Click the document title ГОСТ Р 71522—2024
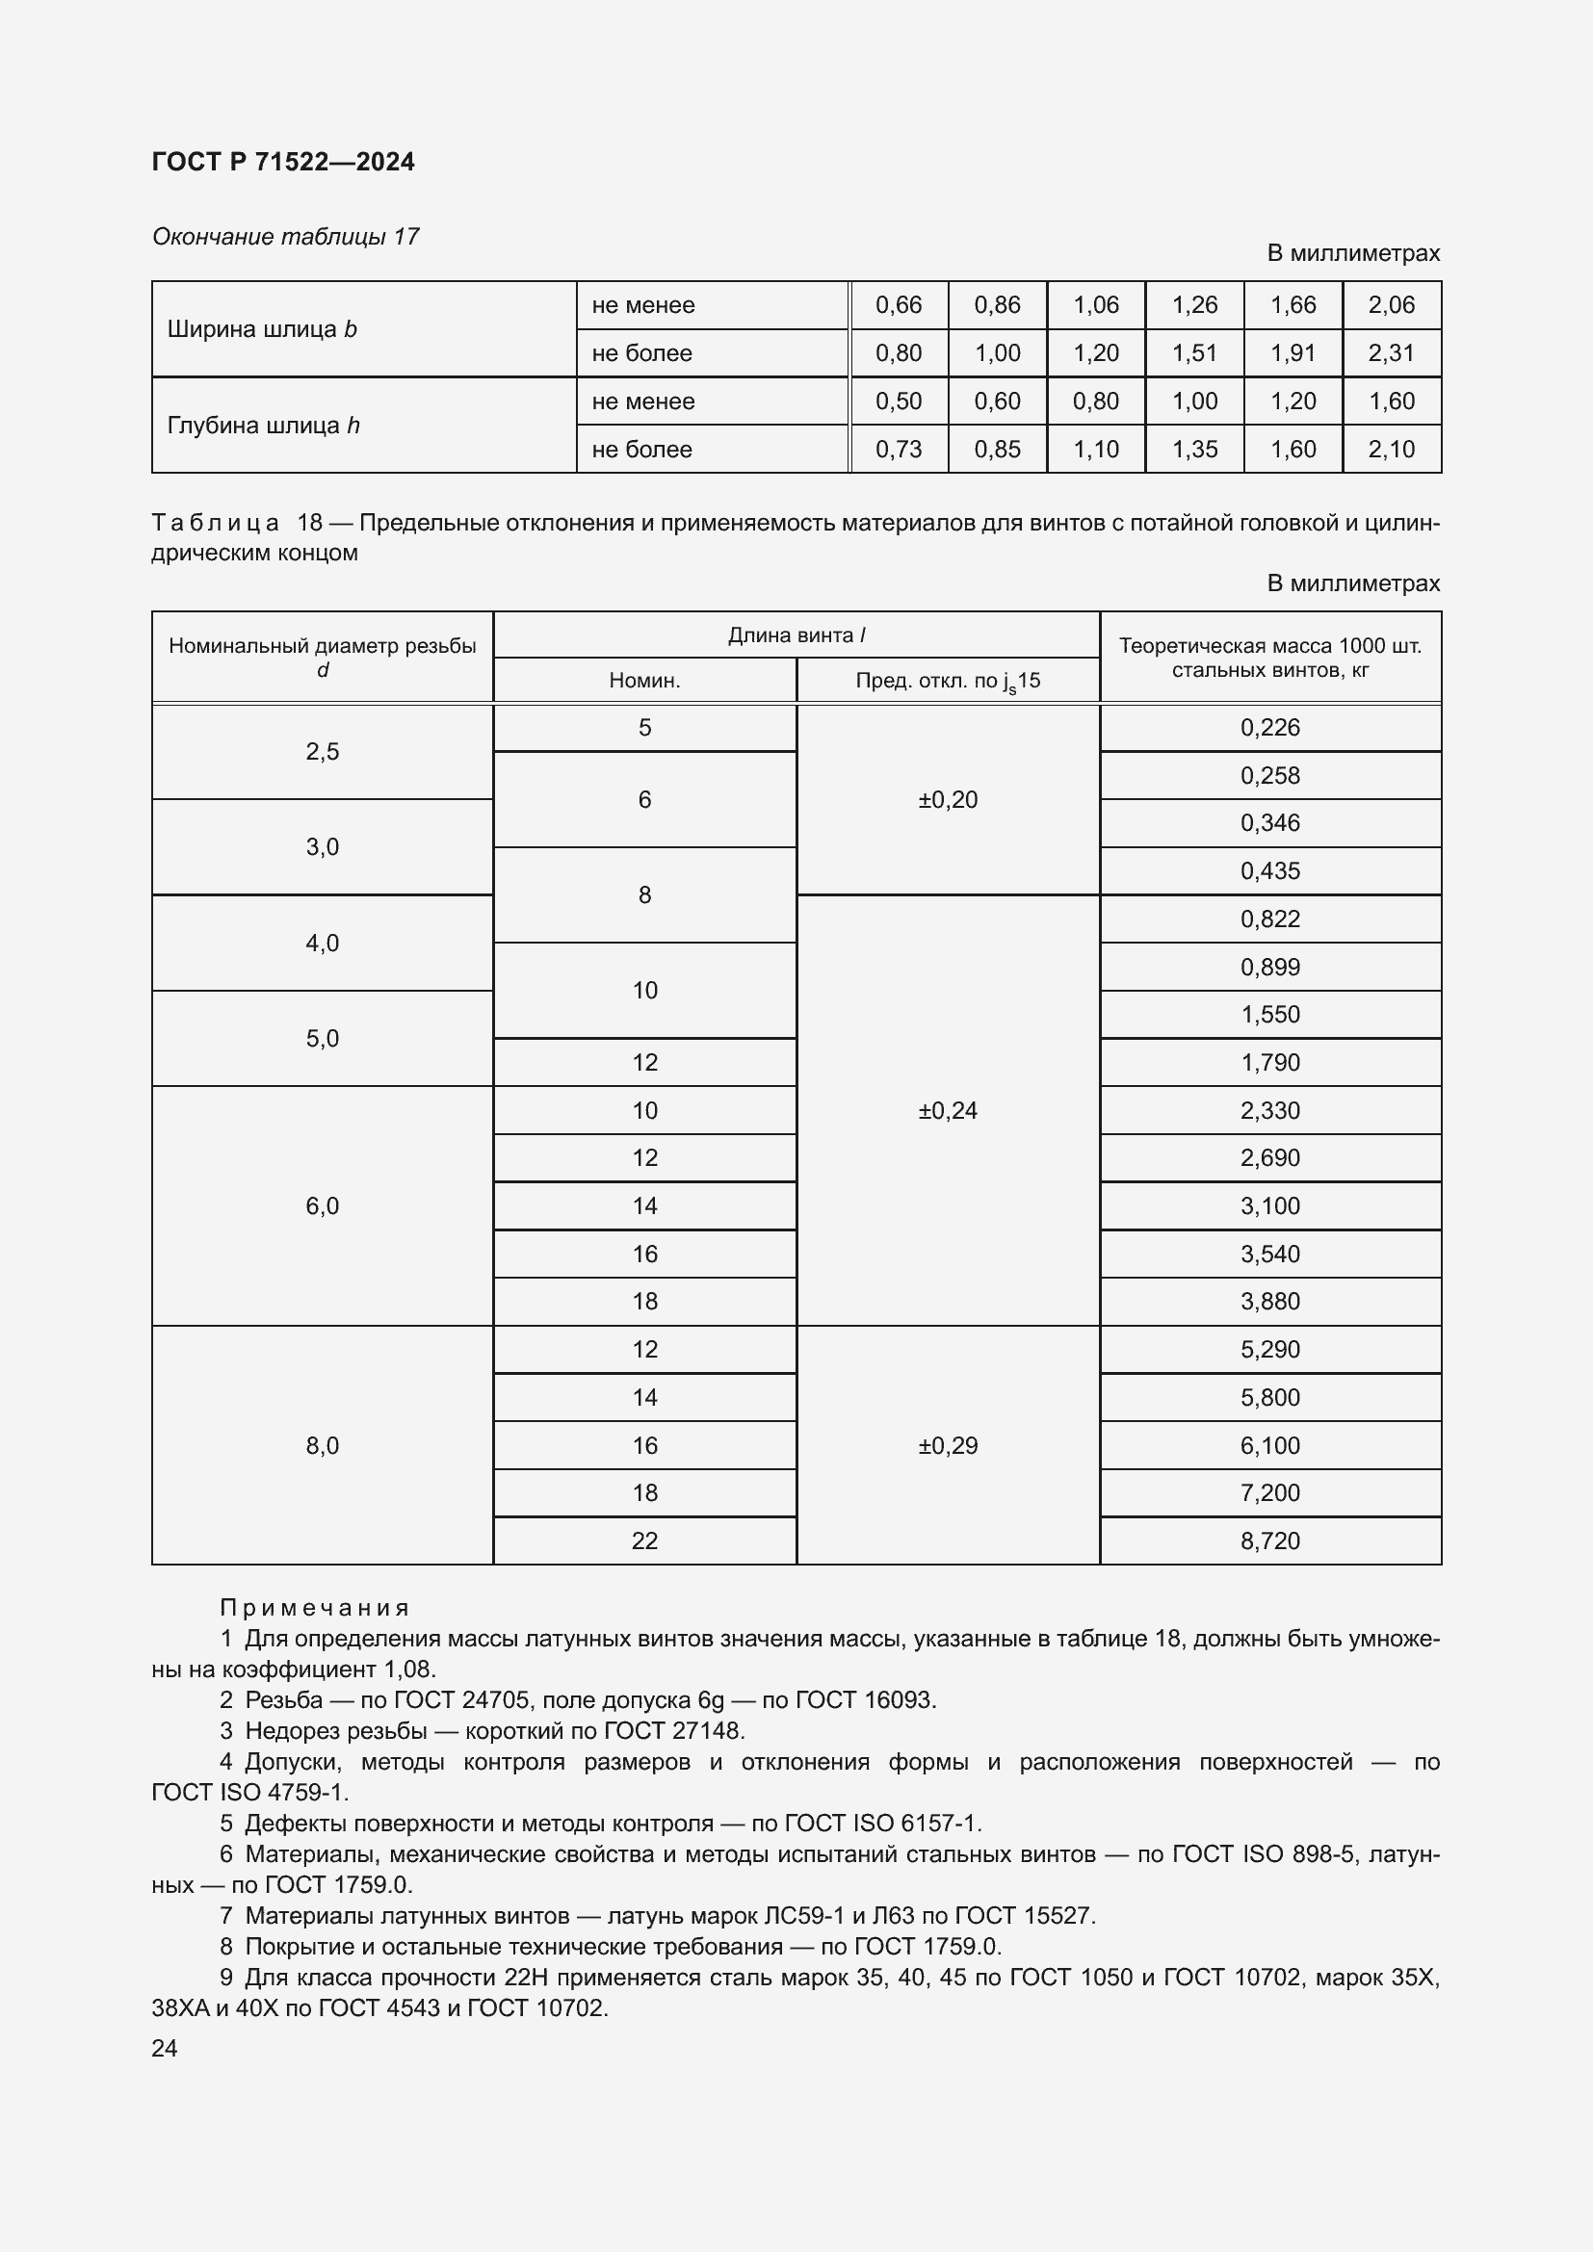click(x=282, y=162)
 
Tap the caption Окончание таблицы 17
click(x=285, y=237)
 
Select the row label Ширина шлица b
click(x=262, y=329)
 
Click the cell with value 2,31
click(x=1391, y=353)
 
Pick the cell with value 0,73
click(x=898, y=450)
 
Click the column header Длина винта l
click(x=796, y=634)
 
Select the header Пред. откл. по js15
click(x=947, y=681)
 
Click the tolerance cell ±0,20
click(x=948, y=799)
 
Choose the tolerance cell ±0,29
click(x=948, y=1446)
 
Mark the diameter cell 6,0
click(x=322, y=1205)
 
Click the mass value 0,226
click(x=1269, y=728)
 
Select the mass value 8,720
click(x=1269, y=1540)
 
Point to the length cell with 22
click(x=644, y=1540)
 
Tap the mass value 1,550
click(x=1269, y=1014)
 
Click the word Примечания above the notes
click(x=314, y=1608)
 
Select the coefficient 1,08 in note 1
click(x=411, y=1670)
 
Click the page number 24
click(x=165, y=2048)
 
